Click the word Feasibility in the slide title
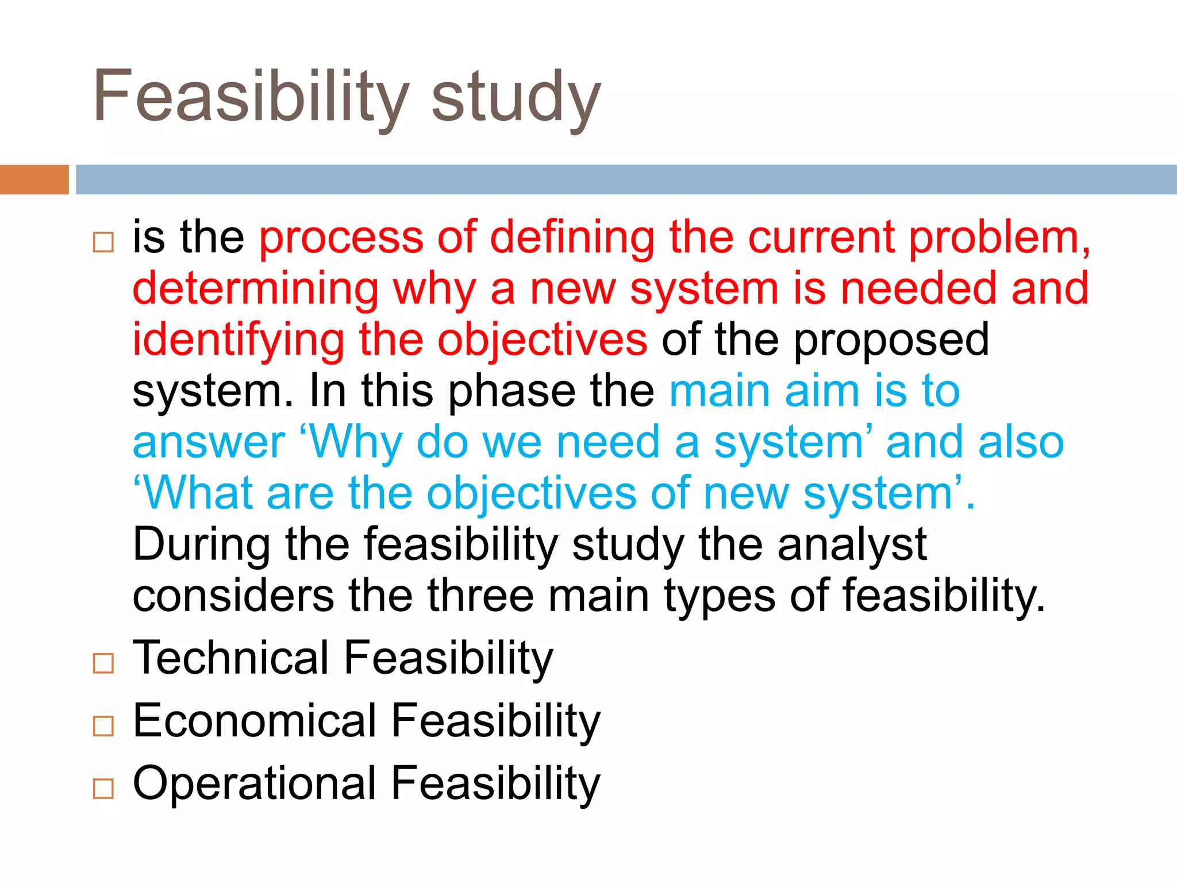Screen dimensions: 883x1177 pyautogui.click(x=251, y=97)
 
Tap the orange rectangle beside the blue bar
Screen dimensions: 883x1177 pyautogui.click(x=34, y=179)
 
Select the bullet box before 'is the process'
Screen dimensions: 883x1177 pyautogui.click(x=103, y=242)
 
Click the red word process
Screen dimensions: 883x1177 pyautogui.click(x=341, y=237)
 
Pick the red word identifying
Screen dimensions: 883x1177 pyautogui.click(x=238, y=340)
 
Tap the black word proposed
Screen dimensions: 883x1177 pyautogui.click(x=891, y=340)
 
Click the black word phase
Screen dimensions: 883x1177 pyautogui.click(x=511, y=391)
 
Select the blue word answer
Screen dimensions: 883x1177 pyautogui.click(x=209, y=443)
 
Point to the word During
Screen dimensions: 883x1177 pyautogui.click(x=201, y=545)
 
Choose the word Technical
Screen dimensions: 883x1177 pyautogui.click(x=230, y=658)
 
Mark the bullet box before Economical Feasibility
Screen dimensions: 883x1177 pyautogui.click(x=103, y=726)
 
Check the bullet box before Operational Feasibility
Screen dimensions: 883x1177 pyautogui.click(x=103, y=789)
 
